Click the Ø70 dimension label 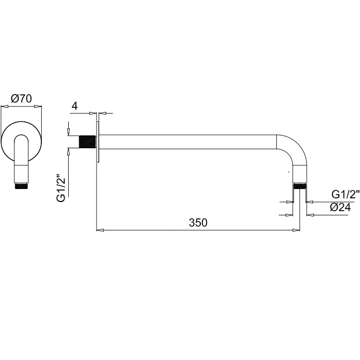coord(21,99)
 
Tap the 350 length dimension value coord(198,223)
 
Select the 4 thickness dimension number coord(75,106)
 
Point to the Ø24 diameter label coord(340,208)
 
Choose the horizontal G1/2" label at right coord(346,195)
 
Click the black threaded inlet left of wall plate coord(87,142)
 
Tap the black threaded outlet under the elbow coord(300,186)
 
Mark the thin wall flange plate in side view coord(98,142)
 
